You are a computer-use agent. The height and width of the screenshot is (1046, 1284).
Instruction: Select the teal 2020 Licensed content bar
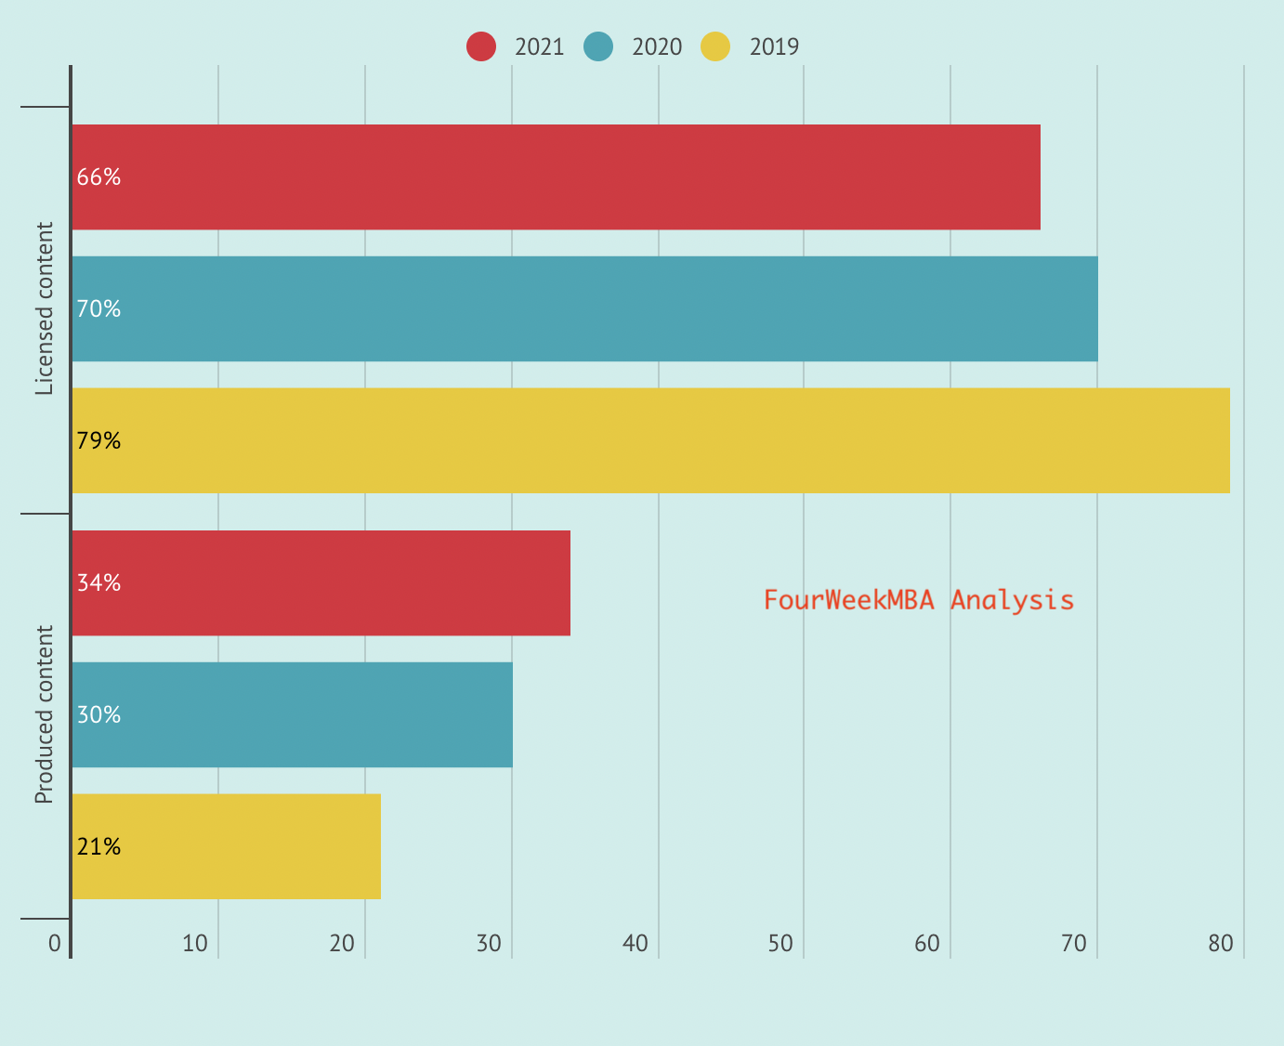584,309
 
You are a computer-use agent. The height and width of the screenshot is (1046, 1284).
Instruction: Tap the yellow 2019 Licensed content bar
650,440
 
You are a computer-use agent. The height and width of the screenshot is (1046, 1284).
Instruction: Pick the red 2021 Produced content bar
321,583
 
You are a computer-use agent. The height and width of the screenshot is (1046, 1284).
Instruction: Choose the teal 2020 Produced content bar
292,715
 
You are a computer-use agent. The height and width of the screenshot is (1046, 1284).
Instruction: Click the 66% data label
98,177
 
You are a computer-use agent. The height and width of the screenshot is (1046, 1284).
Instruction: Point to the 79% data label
98,440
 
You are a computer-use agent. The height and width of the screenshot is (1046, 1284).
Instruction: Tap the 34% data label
98,583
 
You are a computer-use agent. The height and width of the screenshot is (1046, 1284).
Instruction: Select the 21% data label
98,847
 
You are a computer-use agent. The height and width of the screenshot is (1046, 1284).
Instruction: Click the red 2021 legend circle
481,46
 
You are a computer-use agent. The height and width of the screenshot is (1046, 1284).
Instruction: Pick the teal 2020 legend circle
598,46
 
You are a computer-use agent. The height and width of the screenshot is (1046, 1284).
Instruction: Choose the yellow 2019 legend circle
715,46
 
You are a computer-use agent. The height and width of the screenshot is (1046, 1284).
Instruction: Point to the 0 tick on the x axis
55,944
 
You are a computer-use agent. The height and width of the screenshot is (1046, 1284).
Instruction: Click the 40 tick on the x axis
635,944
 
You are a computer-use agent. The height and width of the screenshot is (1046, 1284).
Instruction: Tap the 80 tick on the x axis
1221,944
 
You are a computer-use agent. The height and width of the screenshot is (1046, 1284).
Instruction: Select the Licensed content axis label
45,309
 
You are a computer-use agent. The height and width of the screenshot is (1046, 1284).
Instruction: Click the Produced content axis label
45,714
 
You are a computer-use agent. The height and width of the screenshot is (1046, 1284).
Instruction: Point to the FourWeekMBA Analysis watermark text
919,600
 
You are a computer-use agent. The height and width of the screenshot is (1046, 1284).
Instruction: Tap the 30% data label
98,715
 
